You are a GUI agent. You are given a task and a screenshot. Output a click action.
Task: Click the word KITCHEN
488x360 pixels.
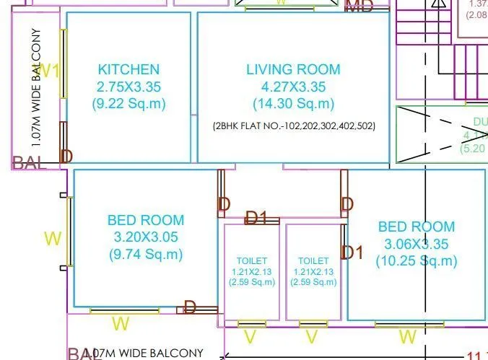pos(128,70)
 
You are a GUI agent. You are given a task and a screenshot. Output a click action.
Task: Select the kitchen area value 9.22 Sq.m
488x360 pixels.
pos(128,104)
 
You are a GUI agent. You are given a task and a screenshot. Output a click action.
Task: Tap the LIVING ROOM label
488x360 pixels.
pos(293,70)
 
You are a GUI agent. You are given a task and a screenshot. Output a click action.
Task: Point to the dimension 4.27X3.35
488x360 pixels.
pos(293,87)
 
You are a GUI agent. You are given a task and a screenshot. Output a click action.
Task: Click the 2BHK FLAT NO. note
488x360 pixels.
pos(294,126)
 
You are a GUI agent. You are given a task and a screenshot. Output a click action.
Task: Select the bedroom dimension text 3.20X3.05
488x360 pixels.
pos(145,237)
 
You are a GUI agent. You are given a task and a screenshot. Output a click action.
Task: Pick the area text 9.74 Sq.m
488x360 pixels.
pos(145,254)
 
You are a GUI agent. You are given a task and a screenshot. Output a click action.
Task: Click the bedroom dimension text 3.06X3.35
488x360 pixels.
pos(417,244)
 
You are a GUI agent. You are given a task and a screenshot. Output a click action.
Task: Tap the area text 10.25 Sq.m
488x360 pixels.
pos(417,260)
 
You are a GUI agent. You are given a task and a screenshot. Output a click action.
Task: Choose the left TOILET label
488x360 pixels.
pos(252,260)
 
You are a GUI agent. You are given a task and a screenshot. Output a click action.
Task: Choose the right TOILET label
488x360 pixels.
pos(313,260)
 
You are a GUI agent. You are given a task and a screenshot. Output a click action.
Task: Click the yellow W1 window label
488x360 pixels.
pos(48,71)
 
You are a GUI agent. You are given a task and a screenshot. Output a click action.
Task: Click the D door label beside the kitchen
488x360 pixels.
pos(66,157)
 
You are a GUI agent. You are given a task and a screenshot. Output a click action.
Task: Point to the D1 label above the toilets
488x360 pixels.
pos(256,217)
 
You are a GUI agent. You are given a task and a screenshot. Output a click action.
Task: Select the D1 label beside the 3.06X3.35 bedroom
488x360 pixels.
pos(352,253)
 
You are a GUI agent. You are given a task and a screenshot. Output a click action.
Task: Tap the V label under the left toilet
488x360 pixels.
pos(250,337)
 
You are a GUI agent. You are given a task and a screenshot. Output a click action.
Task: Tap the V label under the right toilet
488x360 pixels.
pos(312,337)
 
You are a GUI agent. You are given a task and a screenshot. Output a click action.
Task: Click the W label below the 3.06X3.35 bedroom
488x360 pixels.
pos(408,337)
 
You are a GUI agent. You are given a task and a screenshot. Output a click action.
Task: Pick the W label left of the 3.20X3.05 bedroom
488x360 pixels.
pos(53,239)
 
